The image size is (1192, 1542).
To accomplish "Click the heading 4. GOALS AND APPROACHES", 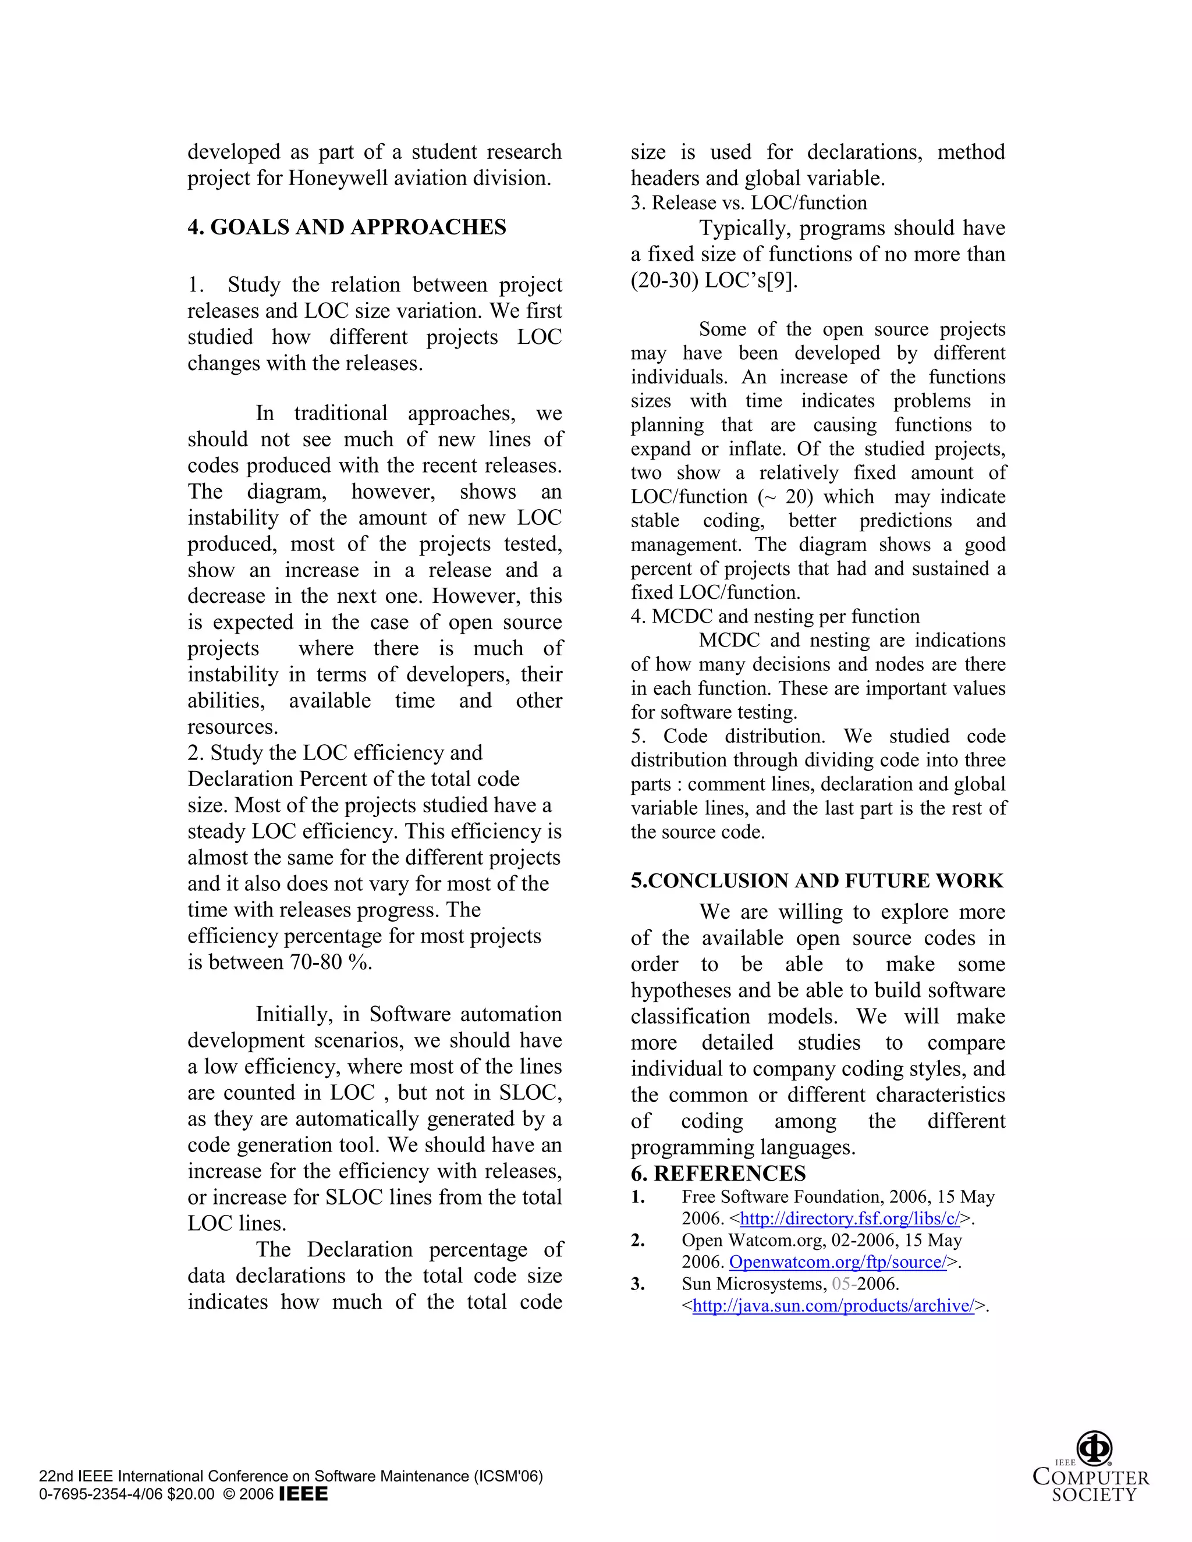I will coord(347,228).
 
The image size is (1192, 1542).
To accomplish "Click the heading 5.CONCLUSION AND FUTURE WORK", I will coord(817,881).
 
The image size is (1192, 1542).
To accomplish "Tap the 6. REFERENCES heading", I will coord(718,1174).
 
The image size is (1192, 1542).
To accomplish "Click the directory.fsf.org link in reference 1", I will coord(850,1218).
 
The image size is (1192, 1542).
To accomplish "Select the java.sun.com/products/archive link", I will coord(833,1306).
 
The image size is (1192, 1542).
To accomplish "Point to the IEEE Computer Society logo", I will coord(1092,1467).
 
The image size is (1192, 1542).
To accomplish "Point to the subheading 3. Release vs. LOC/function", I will coord(748,203).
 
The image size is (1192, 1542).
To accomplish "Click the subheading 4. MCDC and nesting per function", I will coord(775,616).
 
